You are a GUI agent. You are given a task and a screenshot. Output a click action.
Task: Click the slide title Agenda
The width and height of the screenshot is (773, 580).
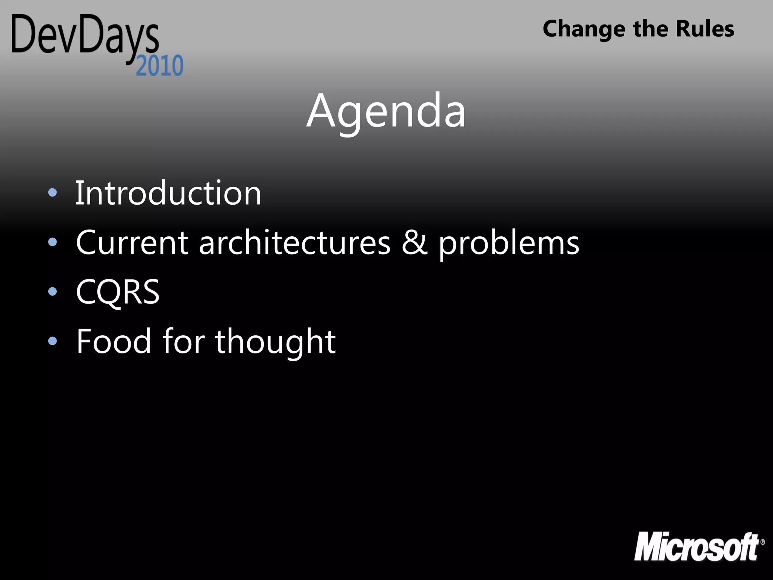point(386,112)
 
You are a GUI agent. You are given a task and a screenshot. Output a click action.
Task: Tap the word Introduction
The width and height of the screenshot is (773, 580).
point(168,193)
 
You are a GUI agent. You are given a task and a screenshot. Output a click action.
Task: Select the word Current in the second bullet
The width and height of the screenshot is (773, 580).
point(132,243)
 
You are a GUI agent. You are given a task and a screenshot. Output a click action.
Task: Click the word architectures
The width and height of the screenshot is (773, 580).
point(294,243)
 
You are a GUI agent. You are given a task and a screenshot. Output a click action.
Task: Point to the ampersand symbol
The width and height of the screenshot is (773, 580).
point(414,243)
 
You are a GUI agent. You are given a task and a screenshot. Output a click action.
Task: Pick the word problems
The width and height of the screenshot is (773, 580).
point(508,245)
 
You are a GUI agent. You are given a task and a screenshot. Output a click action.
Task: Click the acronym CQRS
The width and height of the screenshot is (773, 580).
point(118,292)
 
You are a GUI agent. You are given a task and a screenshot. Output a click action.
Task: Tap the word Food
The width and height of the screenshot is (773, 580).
point(114,341)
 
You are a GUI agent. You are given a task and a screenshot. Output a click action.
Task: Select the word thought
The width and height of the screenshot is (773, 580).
point(275,342)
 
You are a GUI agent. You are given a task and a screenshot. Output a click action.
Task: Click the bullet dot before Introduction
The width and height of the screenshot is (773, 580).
point(52,193)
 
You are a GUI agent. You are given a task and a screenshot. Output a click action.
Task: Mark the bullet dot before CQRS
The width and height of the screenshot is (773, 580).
point(52,292)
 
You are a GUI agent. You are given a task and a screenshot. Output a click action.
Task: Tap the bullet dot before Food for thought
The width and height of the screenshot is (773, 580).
point(52,341)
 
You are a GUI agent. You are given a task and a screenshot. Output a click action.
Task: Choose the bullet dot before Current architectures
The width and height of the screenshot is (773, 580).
point(52,242)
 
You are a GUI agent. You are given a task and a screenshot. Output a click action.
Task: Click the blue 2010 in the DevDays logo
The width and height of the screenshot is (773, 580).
point(160,66)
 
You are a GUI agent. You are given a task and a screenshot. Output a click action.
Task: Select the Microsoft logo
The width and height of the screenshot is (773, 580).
point(696,547)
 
